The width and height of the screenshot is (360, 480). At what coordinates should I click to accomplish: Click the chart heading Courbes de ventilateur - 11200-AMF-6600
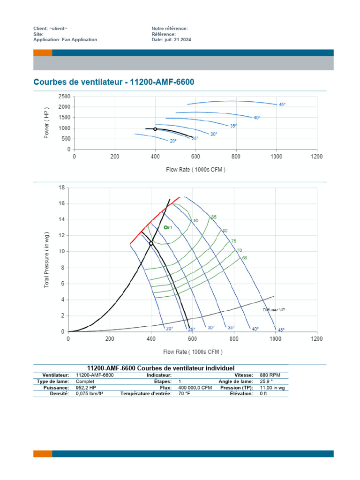pyautogui.click(x=113, y=82)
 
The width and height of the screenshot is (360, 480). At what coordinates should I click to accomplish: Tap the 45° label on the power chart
pyautogui.click(x=282, y=105)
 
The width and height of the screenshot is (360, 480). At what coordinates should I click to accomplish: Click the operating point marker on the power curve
pyautogui.click(x=155, y=129)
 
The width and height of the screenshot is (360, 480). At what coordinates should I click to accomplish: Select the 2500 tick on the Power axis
pyautogui.click(x=64, y=97)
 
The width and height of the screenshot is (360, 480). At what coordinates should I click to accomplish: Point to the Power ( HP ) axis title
pyautogui.click(x=47, y=123)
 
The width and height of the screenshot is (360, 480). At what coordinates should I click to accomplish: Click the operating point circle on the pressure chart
pyautogui.click(x=151, y=243)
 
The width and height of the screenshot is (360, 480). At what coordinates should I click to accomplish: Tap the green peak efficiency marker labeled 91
pyautogui.click(x=166, y=227)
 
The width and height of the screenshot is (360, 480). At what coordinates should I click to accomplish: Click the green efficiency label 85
pyautogui.click(x=214, y=217)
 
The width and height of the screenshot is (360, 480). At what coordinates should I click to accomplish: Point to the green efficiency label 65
pyautogui.click(x=244, y=258)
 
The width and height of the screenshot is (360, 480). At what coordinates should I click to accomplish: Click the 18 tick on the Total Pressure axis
pyautogui.click(x=61, y=187)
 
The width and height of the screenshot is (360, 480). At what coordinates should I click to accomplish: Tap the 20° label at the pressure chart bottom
pyautogui.click(x=169, y=329)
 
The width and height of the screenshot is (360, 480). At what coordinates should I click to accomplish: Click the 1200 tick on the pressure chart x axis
pyautogui.click(x=317, y=338)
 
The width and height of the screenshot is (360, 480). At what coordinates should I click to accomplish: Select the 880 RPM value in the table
pyautogui.click(x=270, y=375)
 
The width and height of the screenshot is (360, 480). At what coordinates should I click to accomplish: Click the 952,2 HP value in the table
pyautogui.click(x=86, y=388)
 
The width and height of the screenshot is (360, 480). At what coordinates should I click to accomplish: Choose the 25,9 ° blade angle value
pyautogui.click(x=267, y=382)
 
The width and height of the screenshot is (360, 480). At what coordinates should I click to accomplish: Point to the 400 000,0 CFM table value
pyautogui.click(x=195, y=388)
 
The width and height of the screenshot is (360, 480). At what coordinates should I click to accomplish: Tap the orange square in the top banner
pyautogui.click(x=43, y=53)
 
